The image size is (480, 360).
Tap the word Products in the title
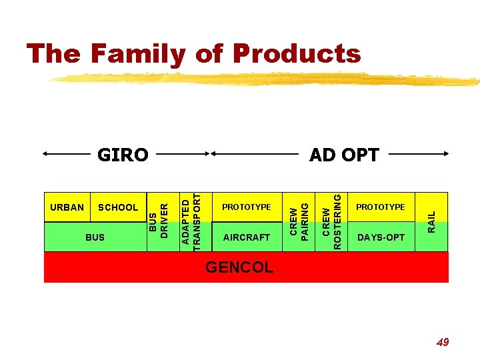[297, 53]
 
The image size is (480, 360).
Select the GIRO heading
[123, 155]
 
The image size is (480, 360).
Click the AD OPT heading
[344, 155]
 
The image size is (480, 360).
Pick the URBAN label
[67, 207]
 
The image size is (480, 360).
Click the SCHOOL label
[117, 207]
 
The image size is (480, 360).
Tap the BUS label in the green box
[95, 237]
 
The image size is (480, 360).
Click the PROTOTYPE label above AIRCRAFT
[247, 207]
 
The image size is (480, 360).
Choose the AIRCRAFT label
[247, 237]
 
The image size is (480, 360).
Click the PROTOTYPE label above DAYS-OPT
[381, 207]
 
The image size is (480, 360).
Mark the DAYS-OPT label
[381, 237]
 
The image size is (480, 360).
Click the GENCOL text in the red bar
[239, 267]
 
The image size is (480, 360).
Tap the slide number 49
[442, 342]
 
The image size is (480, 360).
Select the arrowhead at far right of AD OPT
[445, 154]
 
